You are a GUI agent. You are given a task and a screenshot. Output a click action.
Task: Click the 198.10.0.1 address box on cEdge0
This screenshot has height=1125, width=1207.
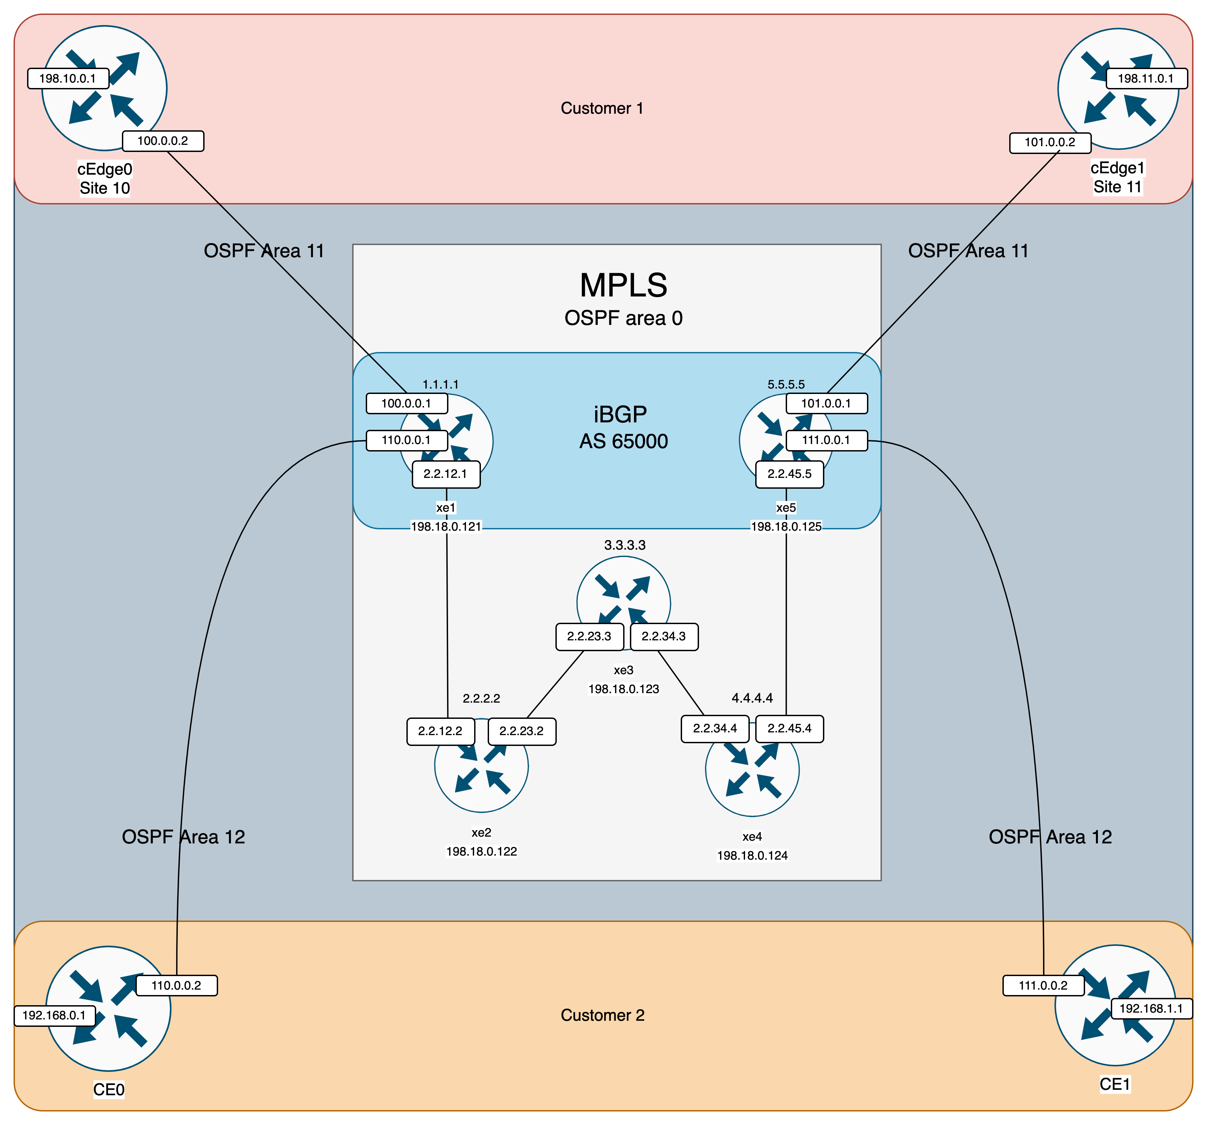[68, 78]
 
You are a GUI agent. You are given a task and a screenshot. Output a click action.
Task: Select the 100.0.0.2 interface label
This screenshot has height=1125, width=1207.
[163, 141]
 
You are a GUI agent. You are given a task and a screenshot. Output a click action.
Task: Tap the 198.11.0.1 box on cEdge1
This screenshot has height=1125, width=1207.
[1146, 78]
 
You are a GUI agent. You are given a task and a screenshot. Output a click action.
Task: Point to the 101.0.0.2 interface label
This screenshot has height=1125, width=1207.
[1050, 142]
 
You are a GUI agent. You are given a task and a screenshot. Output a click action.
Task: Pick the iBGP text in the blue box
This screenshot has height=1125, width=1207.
[620, 415]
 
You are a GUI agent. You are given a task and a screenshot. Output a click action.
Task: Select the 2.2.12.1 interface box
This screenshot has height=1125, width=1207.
[446, 474]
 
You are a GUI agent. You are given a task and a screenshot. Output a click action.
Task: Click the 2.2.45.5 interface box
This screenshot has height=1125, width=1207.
[789, 474]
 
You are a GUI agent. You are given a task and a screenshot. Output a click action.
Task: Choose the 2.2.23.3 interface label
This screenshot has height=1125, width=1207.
[589, 637]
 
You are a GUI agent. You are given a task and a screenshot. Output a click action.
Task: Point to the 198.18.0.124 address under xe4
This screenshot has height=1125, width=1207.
[752, 856]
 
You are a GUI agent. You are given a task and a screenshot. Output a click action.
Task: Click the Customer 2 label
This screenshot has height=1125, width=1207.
[602, 1015]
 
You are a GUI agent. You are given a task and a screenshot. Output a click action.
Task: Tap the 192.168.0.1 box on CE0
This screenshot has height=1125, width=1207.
[54, 1015]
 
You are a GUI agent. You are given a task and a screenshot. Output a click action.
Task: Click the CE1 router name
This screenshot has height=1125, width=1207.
[1115, 1084]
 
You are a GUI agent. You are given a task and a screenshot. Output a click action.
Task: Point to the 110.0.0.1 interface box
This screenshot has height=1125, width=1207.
[406, 440]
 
